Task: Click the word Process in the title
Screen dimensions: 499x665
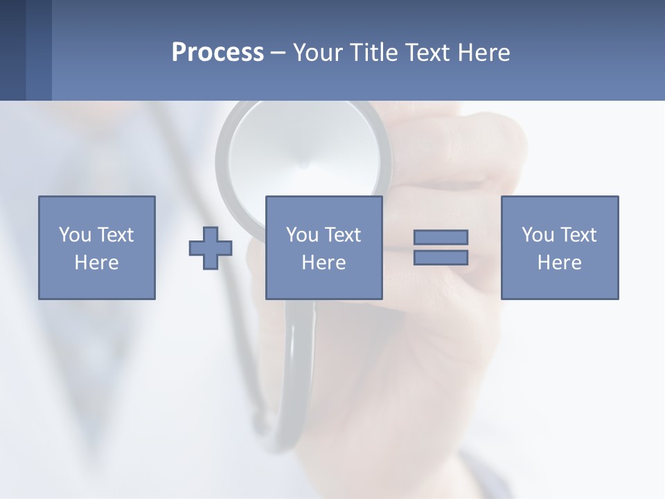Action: point(218,53)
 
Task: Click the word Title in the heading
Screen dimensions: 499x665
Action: point(376,53)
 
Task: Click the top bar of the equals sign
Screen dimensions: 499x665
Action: point(441,237)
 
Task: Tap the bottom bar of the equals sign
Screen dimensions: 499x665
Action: point(441,257)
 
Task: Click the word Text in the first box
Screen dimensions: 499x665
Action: point(115,235)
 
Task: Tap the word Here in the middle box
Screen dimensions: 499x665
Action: point(323,263)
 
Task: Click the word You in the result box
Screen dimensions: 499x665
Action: point(538,235)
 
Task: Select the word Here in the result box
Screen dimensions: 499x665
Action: point(559,263)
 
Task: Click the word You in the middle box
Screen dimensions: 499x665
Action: point(302,235)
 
